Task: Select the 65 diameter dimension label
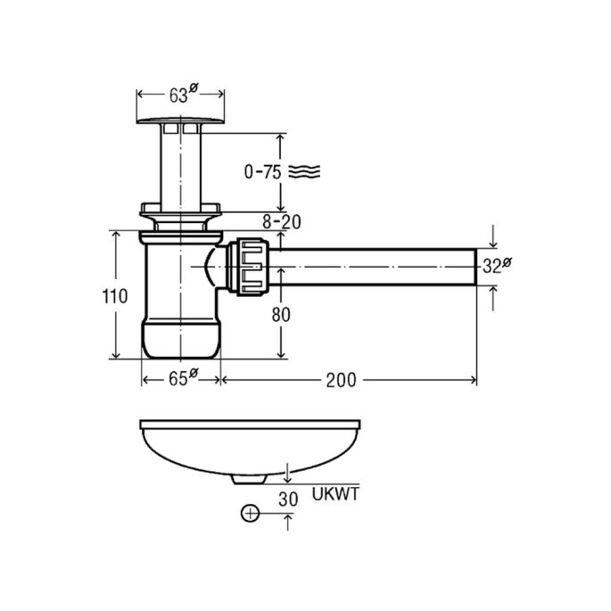pyautogui.click(x=181, y=379)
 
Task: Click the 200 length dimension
pyautogui.click(x=340, y=380)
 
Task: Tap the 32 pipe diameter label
pyautogui.click(x=496, y=266)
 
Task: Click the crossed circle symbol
pyautogui.click(x=252, y=514)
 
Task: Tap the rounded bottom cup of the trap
pyautogui.click(x=181, y=340)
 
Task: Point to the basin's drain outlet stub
pyautogui.click(x=249, y=479)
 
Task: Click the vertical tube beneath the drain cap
pyautogui.click(x=180, y=165)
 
